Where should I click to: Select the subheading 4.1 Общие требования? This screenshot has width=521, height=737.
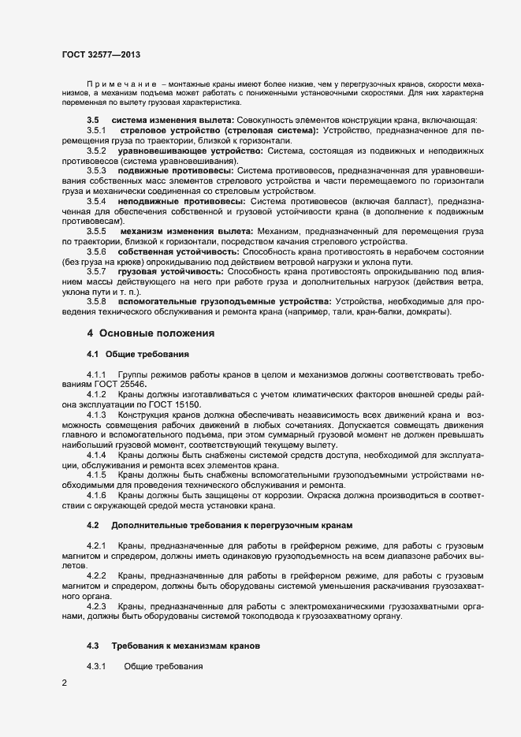pyautogui.click(x=138, y=355)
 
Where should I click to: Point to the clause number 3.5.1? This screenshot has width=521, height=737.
pyautogui.click(x=97, y=129)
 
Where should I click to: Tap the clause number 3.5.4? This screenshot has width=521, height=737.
pyautogui.click(x=97, y=201)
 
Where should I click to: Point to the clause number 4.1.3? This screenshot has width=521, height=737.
pyautogui.click(x=97, y=414)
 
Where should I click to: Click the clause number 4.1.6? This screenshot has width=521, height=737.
pyautogui.click(x=97, y=496)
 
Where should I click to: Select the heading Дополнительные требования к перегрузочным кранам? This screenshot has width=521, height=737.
pyautogui.click(x=233, y=525)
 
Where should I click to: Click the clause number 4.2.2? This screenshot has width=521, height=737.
pyautogui.click(x=97, y=577)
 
